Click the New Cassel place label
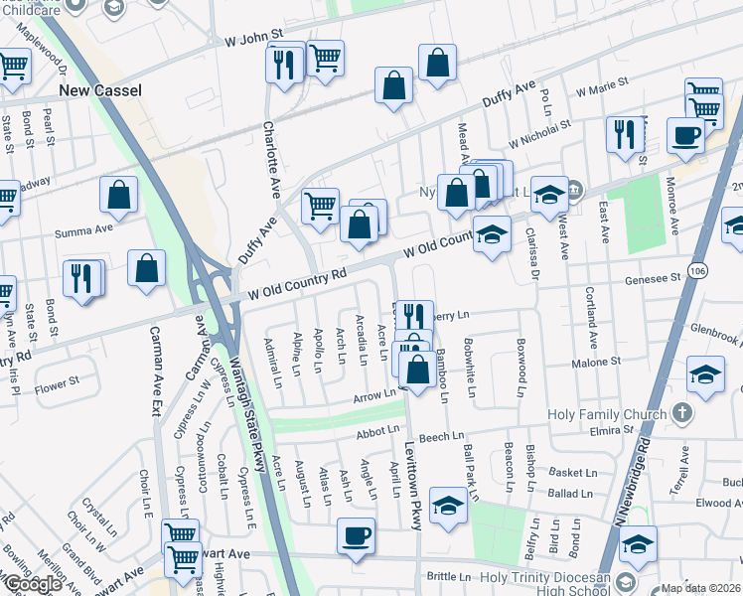click(100, 90)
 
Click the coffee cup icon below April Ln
click(355, 537)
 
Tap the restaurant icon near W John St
click(285, 66)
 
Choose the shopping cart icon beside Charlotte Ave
click(320, 208)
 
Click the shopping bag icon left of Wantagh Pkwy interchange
click(146, 267)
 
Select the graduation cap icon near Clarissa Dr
click(548, 195)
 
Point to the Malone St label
click(595, 362)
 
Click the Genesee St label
click(651, 280)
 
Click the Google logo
click(32, 584)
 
